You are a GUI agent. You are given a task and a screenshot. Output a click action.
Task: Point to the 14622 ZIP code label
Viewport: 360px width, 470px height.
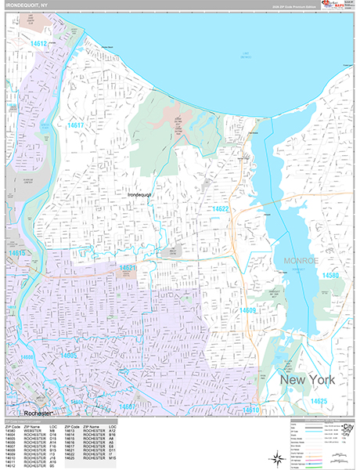[220, 209]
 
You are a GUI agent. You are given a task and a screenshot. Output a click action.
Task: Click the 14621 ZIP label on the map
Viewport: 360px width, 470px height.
[128, 269]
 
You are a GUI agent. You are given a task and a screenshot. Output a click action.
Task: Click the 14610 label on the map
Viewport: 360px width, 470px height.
[251, 410]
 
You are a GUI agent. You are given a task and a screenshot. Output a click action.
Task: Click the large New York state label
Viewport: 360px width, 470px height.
[307, 380]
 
